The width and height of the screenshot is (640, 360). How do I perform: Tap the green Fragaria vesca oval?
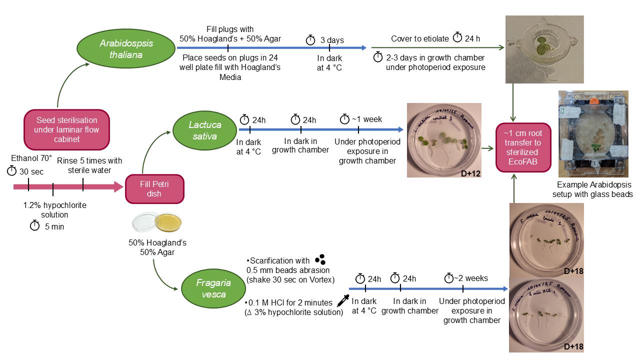[x=210, y=288]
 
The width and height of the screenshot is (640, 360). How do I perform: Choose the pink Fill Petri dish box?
[x=154, y=188]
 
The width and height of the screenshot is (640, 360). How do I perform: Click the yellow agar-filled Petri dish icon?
[x=169, y=222]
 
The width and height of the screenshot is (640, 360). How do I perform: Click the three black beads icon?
[x=320, y=259]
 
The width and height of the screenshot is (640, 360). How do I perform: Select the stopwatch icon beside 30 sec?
[x=11, y=171]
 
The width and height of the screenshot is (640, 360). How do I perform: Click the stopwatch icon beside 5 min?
[x=34, y=226]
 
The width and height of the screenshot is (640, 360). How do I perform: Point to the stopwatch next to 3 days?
[x=310, y=39]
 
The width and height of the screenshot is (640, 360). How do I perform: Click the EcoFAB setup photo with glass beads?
[x=593, y=133]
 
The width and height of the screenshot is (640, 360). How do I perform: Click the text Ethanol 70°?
[x=31, y=158]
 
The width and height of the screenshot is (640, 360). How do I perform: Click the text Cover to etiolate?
[x=420, y=38]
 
